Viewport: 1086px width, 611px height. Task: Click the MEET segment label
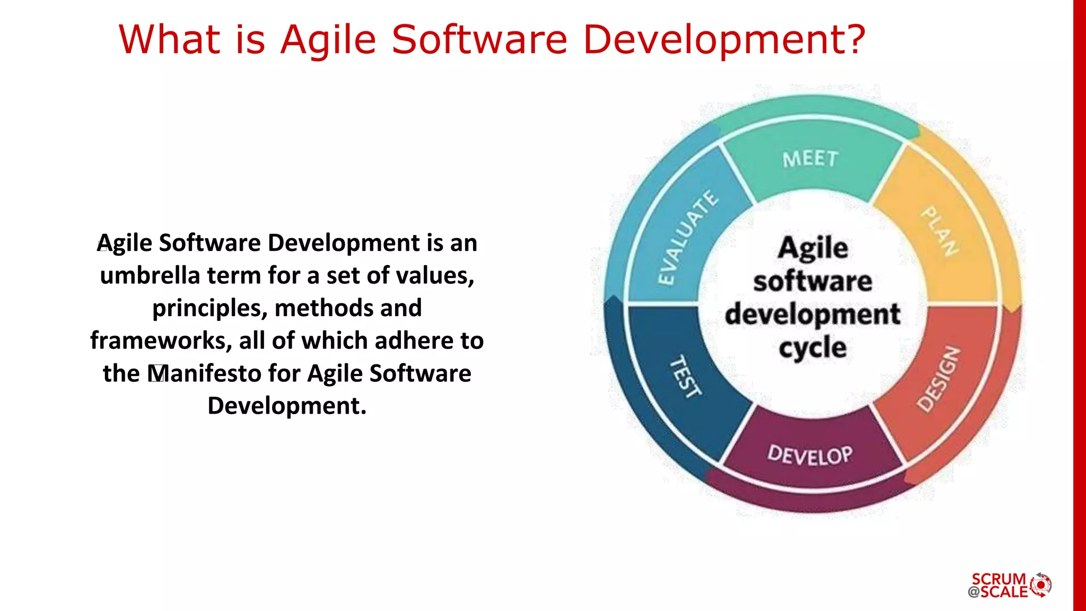tap(810, 159)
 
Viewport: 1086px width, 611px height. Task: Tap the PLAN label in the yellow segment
tap(940, 231)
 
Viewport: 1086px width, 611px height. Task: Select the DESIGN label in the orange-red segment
tap(939, 380)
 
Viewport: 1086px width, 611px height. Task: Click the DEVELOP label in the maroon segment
tap(810, 455)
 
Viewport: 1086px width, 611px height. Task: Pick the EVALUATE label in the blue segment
tap(687, 238)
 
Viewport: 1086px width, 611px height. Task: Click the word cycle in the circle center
tap(812, 348)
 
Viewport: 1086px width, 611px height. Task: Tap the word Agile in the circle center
tap(813, 248)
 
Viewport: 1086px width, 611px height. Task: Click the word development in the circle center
tap(812, 315)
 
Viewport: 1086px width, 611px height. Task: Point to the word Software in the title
tap(480, 40)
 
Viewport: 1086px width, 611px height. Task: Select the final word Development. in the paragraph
tap(287, 406)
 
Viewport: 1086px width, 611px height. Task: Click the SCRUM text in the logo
tap(999, 579)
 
